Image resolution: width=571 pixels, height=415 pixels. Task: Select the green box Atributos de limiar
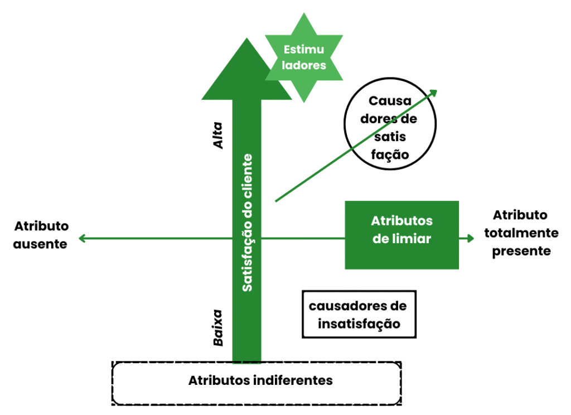[x=401, y=235]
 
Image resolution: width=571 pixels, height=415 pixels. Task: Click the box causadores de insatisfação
[x=359, y=314]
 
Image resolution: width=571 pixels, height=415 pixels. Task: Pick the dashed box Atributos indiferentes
[x=257, y=383]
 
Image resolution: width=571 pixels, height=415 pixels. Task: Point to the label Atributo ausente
[x=41, y=235]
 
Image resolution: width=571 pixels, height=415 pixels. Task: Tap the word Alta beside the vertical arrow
[x=218, y=135]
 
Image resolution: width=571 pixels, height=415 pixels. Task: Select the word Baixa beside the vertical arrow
[x=218, y=328]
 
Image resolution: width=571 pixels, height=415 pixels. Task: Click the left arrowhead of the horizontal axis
[x=81, y=239]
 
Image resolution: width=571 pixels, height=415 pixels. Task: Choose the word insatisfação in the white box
[x=359, y=324]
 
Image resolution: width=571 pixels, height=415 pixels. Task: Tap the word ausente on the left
[x=41, y=244]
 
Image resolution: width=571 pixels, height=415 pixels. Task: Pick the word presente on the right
[x=520, y=251]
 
